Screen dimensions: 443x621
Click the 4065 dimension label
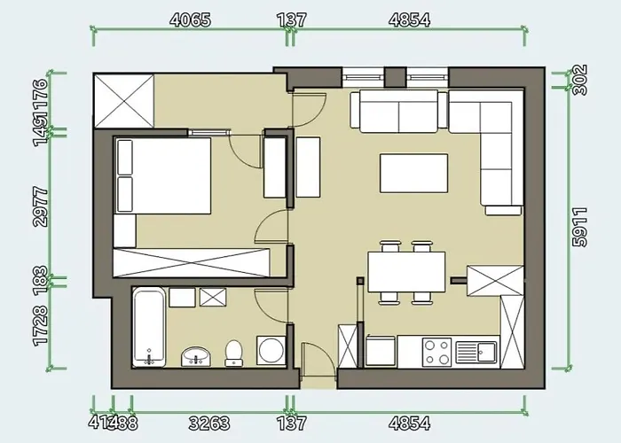pyautogui.click(x=190, y=19)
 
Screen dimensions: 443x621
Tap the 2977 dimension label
pyautogui.click(x=40, y=206)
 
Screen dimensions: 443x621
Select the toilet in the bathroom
pyautogui.click(x=233, y=353)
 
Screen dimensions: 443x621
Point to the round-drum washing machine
pyautogui.click(x=271, y=349)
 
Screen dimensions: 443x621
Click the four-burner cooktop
pyautogui.click(x=436, y=352)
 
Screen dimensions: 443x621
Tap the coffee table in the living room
pyautogui.click(x=414, y=173)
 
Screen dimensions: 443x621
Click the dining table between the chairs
pyautogui.click(x=407, y=272)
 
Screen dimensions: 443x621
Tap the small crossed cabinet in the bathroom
pyautogui.click(x=214, y=298)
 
